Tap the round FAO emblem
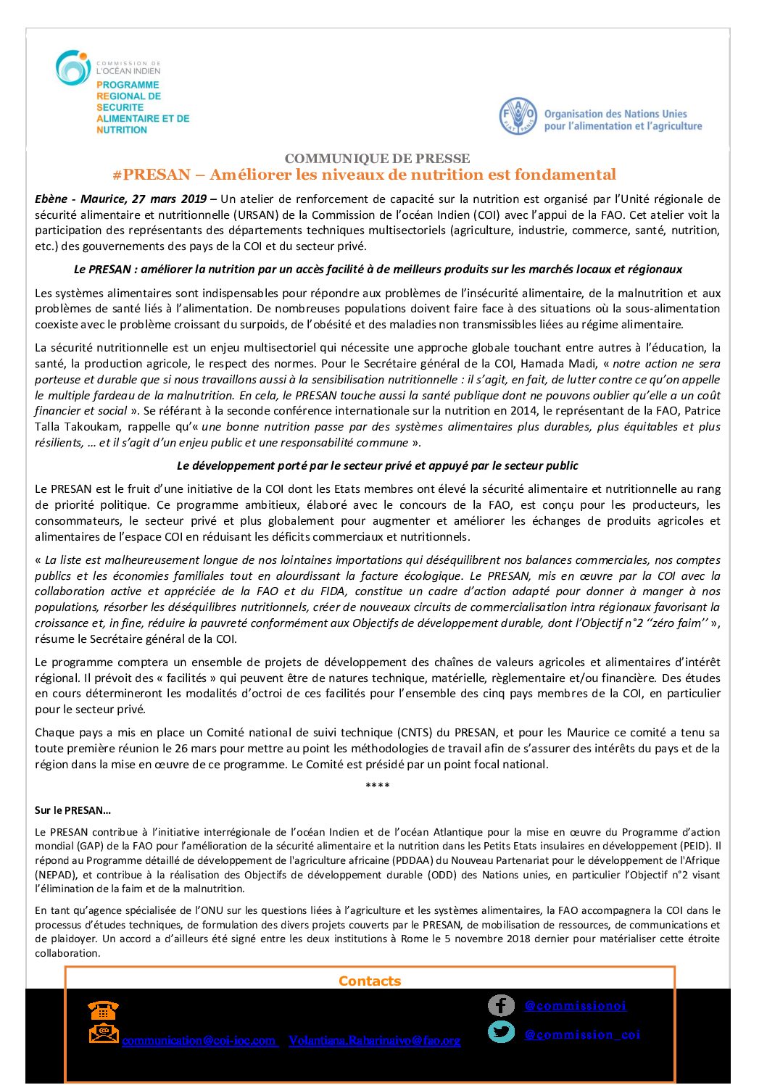[x=518, y=116]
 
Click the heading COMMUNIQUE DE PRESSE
[x=377, y=158]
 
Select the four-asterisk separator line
[x=377, y=786]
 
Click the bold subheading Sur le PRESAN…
[x=72, y=810]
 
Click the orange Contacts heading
[x=370, y=981]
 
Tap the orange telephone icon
[x=103, y=1009]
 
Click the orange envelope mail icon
[x=104, y=1034]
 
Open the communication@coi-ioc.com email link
[x=199, y=1040]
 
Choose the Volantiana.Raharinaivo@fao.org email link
[x=375, y=1040]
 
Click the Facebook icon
[x=501, y=1005]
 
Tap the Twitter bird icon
[x=501, y=1031]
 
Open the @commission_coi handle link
[x=582, y=1034]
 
